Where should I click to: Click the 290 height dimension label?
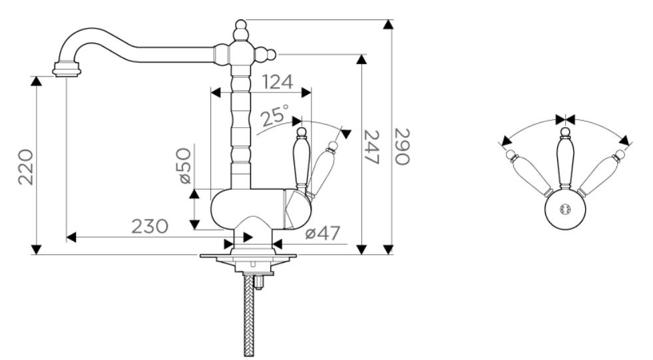(402, 147)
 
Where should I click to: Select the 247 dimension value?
(371, 147)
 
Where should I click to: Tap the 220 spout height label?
(26, 167)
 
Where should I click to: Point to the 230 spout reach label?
(150, 226)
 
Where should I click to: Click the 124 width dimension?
(278, 82)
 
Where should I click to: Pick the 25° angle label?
(275, 115)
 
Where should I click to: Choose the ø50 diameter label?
(184, 166)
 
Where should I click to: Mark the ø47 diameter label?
(323, 233)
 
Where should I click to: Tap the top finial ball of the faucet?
(241, 24)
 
